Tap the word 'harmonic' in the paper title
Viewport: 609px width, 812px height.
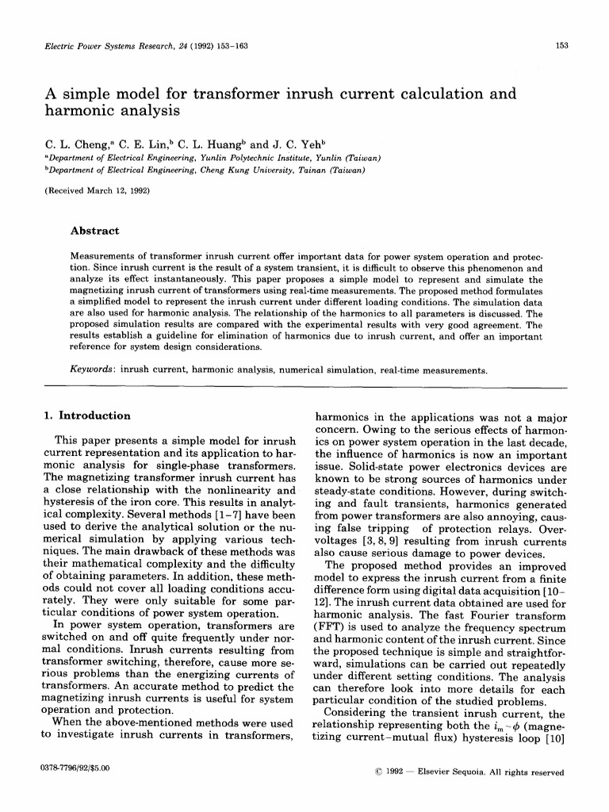coord(80,112)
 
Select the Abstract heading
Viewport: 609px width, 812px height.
coord(95,231)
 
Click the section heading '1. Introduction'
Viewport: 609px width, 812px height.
coord(86,416)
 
